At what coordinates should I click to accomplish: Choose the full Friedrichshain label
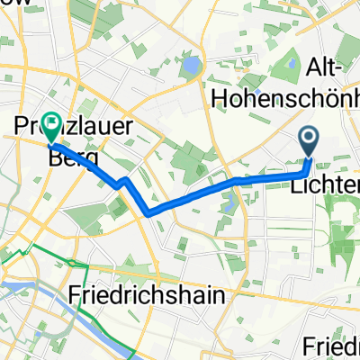pos(157,294)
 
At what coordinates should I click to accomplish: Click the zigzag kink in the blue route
pos(121,182)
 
